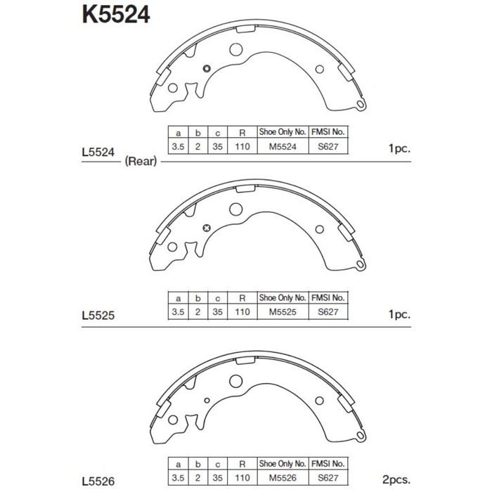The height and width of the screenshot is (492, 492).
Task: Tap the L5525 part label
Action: pyautogui.click(x=98, y=316)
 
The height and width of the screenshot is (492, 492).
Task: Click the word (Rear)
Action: pyautogui.click(x=141, y=162)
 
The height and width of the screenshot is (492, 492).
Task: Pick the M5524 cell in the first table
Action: pyautogui.click(x=283, y=147)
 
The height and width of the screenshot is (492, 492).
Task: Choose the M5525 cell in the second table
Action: pyautogui.click(x=283, y=311)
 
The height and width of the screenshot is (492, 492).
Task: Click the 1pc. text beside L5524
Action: pyautogui.click(x=399, y=150)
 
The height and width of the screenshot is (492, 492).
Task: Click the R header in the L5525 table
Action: pyautogui.click(x=241, y=298)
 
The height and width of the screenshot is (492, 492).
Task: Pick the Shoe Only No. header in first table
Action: pyautogui.click(x=283, y=132)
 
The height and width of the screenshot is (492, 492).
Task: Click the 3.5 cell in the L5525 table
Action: pyautogui.click(x=178, y=311)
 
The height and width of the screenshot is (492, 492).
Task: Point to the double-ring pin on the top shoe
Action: pyautogui.click(x=207, y=68)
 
